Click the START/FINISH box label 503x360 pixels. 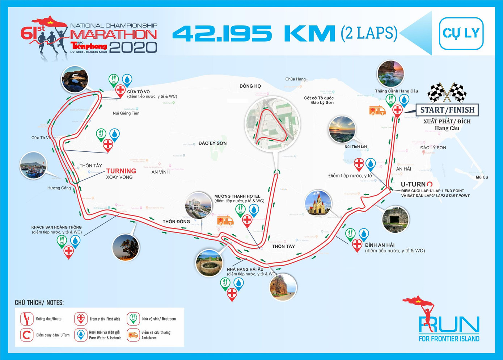(447, 110)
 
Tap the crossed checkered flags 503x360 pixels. (447, 93)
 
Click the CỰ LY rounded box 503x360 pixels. (461, 33)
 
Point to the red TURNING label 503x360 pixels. (121, 171)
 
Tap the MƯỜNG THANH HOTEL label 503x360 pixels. (237, 196)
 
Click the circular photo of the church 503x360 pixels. (318, 203)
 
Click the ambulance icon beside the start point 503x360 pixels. (377, 110)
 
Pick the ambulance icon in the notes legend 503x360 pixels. (133, 335)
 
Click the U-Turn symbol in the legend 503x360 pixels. (26, 335)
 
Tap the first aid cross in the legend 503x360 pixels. (80, 319)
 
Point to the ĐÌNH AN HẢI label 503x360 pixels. (380, 245)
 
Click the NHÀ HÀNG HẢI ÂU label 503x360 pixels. (245, 269)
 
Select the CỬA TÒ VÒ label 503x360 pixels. (138, 92)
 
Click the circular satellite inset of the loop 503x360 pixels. (272, 124)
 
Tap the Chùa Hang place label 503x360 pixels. (295, 79)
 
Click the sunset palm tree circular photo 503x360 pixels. (125, 247)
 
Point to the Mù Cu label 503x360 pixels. (482, 177)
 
